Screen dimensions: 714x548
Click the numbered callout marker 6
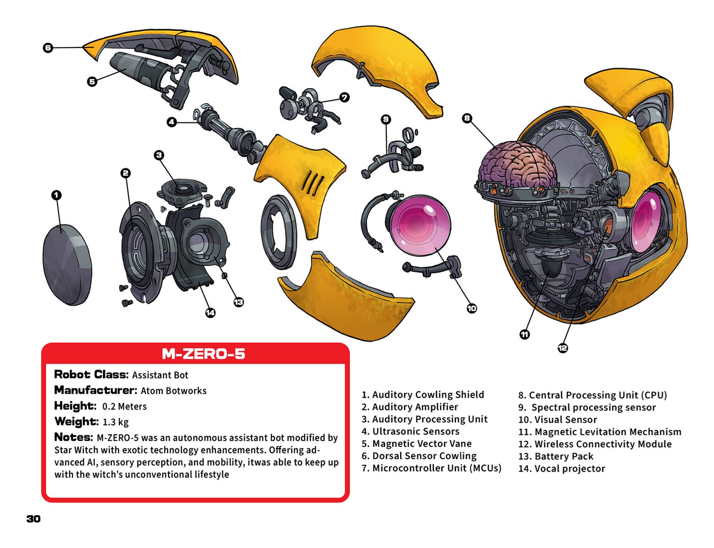(x=48, y=48)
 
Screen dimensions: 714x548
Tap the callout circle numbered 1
(x=56, y=195)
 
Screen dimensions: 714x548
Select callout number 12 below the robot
(x=562, y=348)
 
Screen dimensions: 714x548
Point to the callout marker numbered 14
(x=210, y=312)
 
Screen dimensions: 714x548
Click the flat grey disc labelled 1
(x=67, y=264)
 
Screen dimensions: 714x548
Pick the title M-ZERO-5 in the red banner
(x=203, y=354)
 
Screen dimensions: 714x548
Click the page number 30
(x=33, y=519)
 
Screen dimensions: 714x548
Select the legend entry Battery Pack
(x=556, y=456)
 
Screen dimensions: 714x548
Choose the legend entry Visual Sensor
(x=558, y=420)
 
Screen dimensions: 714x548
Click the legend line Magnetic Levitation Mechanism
(x=600, y=432)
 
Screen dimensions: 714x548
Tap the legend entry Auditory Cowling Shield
(x=423, y=395)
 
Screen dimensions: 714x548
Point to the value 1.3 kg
(x=116, y=422)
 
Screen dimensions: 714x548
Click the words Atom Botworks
(x=174, y=391)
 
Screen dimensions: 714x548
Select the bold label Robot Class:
(x=91, y=375)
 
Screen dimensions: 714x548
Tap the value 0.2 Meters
(x=125, y=406)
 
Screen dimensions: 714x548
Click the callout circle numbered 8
(x=467, y=118)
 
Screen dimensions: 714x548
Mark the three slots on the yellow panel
(x=313, y=183)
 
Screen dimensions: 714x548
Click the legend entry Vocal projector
(x=561, y=469)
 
